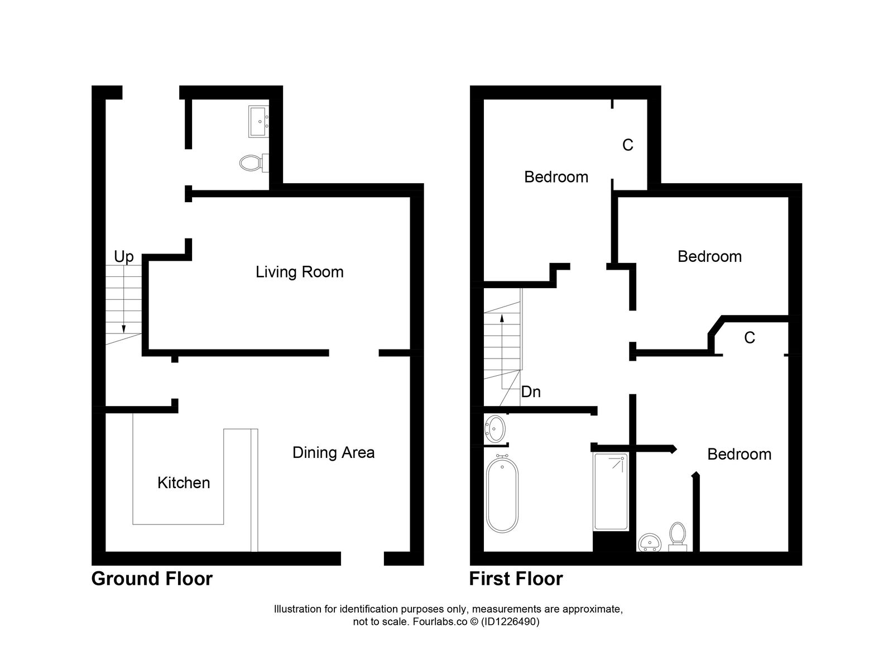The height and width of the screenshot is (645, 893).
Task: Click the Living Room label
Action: (299, 272)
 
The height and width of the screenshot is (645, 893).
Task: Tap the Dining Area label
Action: (333, 452)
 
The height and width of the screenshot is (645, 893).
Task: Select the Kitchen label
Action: (184, 482)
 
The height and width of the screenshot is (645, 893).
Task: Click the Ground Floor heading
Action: (152, 579)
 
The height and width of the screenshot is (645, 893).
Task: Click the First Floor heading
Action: (516, 579)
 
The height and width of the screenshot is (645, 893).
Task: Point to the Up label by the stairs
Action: (124, 256)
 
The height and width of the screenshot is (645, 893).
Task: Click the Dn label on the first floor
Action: (530, 392)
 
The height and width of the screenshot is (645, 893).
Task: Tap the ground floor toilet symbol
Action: (252, 163)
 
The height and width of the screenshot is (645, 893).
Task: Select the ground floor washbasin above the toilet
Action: (258, 121)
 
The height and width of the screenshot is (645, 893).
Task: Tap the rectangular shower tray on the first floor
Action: (611, 491)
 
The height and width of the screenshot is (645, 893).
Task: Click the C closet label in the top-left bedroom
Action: (627, 145)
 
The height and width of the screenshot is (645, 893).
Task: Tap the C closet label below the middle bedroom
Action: (749, 337)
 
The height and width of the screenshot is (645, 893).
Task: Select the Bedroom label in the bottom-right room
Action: (739, 454)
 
